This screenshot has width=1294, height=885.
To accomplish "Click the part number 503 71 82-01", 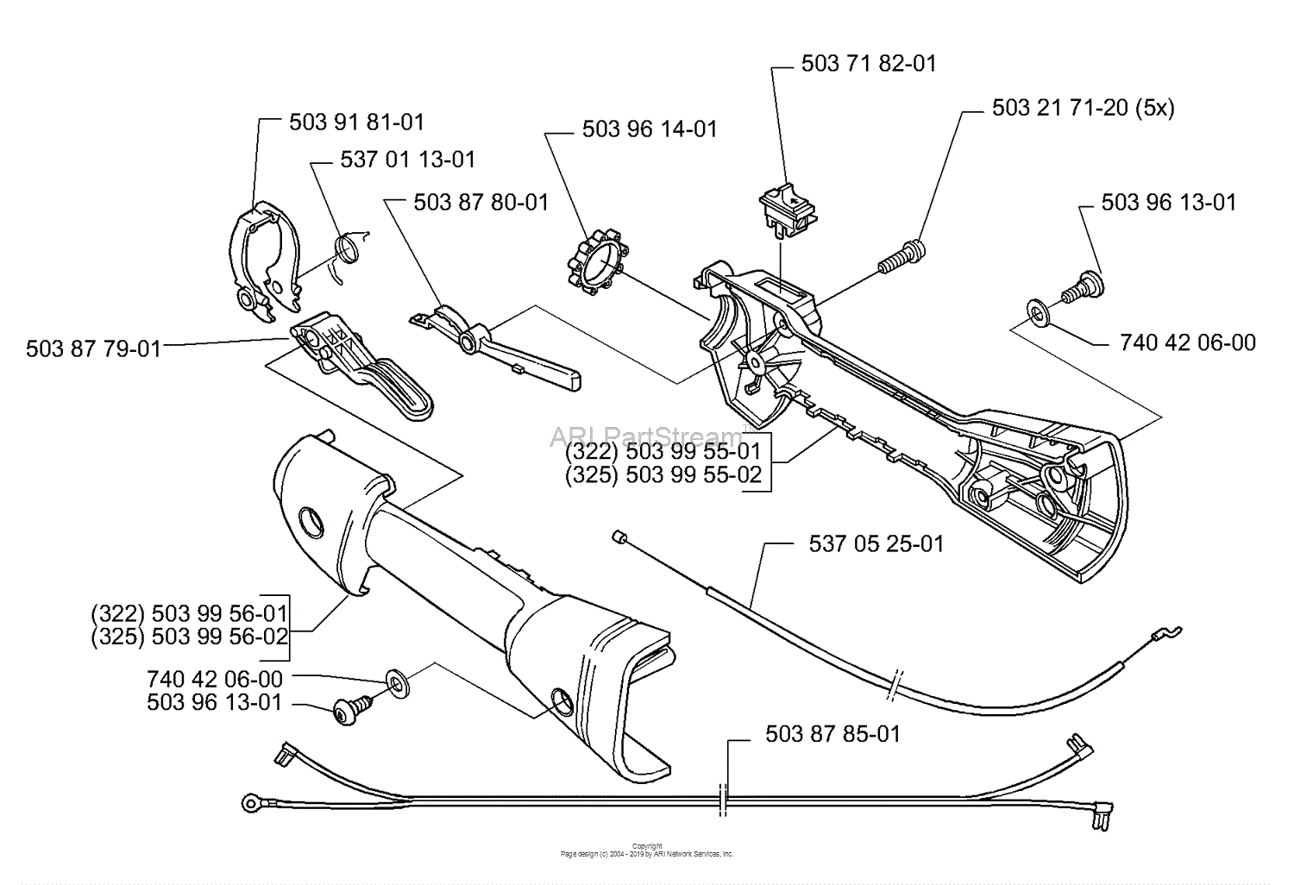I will (x=868, y=64).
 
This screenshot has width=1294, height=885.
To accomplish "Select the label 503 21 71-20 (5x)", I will (x=1083, y=108).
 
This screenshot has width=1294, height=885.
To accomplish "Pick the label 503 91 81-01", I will (x=356, y=122).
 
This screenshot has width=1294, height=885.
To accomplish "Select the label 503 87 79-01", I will (x=93, y=348).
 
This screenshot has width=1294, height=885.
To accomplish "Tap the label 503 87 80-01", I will (x=481, y=202).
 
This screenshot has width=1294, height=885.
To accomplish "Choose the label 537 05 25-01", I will (x=876, y=543).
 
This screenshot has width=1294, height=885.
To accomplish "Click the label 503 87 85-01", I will (x=832, y=734).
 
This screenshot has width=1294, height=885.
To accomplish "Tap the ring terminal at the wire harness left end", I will (x=249, y=804).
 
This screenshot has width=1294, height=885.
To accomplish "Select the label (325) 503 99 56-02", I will (x=188, y=637).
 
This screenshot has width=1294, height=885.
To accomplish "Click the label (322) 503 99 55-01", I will (x=663, y=452).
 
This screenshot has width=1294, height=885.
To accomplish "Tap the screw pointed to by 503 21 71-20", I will (x=902, y=256).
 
